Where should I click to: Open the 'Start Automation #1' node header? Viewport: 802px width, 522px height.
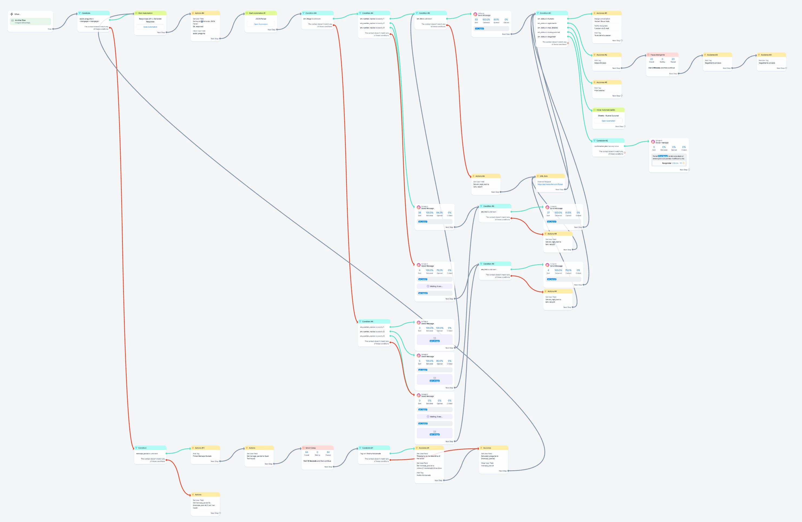[257, 13]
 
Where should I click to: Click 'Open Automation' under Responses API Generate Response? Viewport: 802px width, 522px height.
[150, 27]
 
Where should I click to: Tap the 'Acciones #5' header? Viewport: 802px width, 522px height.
[601, 13]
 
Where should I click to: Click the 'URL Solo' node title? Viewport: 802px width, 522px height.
[544, 176]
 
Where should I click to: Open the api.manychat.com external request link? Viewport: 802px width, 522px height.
[550, 184]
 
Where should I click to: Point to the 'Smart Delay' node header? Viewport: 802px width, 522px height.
[310, 448]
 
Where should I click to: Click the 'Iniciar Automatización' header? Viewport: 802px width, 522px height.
[606, 110]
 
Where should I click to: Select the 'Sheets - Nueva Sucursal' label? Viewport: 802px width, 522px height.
[608, 116]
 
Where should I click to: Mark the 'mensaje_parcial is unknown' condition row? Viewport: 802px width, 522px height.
[147, 454]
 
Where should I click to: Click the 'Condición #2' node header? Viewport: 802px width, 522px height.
[602, 141]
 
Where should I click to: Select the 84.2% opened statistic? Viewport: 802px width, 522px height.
[439, 213]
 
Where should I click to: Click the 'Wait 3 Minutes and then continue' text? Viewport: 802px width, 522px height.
[661, 68]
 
